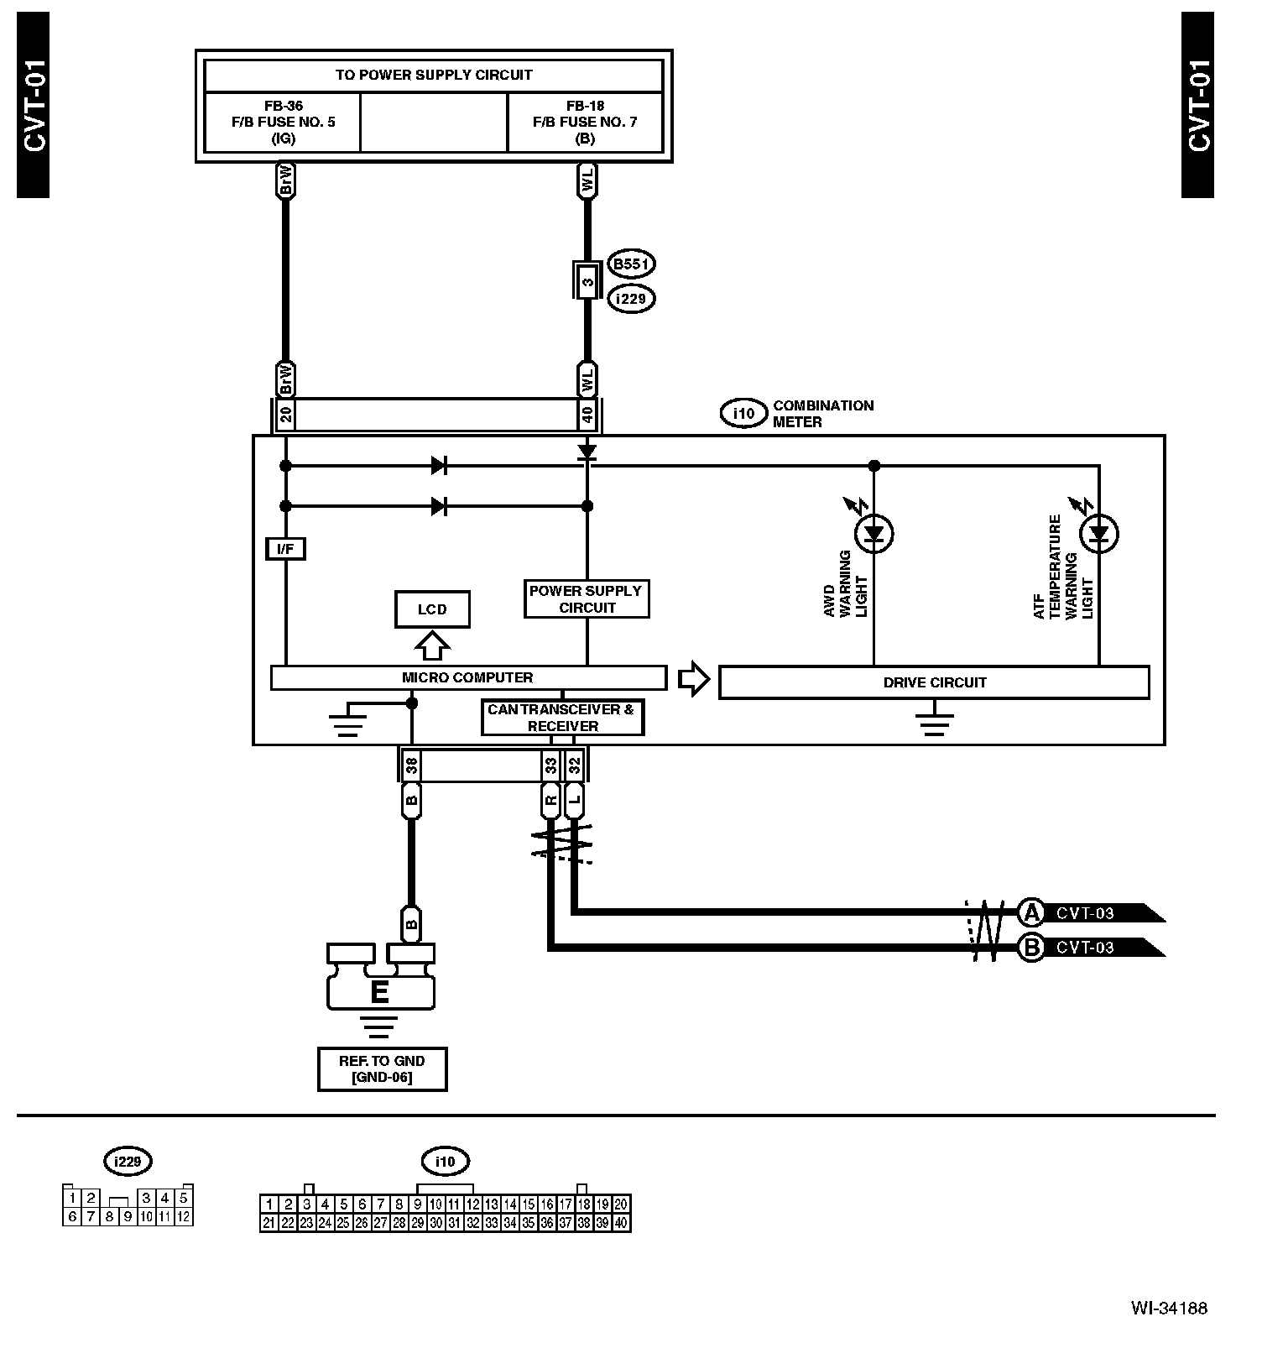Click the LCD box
click(x=432, y=609)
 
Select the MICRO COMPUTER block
click(x=467, y=677)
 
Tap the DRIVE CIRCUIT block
click(x=934, y=682)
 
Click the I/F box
click(x=285, y=549)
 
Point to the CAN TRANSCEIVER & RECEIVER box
click(x=562, y=718)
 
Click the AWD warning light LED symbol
click(x=874, y=533)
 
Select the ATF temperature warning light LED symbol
click(x=1099, y=534)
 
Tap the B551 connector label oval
click(x=631, y=264)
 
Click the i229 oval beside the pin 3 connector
click(x=631, y=298)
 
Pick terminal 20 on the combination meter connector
click(x=285, y=415)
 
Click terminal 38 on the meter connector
click(x=411, y=765)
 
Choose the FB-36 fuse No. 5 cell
click(x=283, y=122)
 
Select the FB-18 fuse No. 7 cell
click(x=585, y=122)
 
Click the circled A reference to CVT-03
click(x=1030, y=912)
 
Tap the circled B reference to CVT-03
click(x=1030, y=948)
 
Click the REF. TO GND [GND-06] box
click(x=382, y=1068)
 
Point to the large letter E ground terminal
click(x=380, y=992)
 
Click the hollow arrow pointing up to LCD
click(x=432, y=645)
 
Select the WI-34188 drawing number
click(x=1169, y=1308)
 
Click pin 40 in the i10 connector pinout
click(x=621, y=1223)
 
